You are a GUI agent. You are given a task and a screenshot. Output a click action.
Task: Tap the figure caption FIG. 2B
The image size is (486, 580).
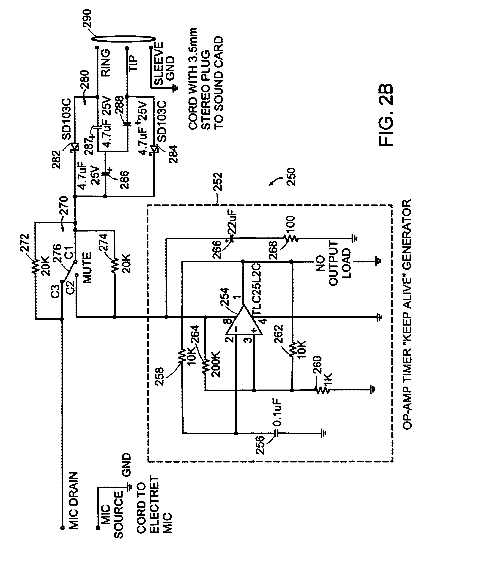pos(386,115)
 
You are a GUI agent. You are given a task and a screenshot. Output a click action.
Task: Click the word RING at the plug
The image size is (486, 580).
pos(106,63)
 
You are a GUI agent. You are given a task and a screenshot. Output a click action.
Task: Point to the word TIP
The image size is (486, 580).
pos(133,63)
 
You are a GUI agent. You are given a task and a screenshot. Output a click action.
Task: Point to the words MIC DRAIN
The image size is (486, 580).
pos(73,501)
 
